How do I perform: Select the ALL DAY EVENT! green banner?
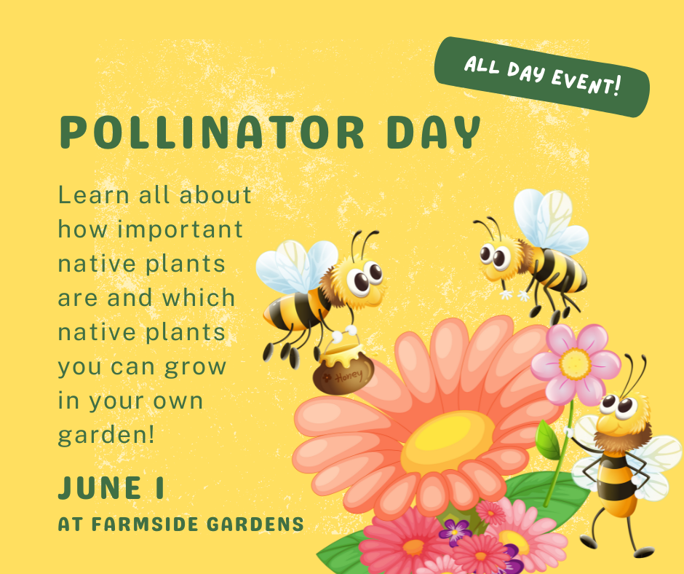click(541, 77)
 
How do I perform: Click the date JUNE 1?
click(111, 489)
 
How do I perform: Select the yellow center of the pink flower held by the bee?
click(575, 361)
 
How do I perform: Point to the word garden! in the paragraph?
click(106, 435)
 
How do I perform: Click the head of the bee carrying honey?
click(360, 280)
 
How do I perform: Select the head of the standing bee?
click(618, 412)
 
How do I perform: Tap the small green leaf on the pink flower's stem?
click(548, 440)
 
